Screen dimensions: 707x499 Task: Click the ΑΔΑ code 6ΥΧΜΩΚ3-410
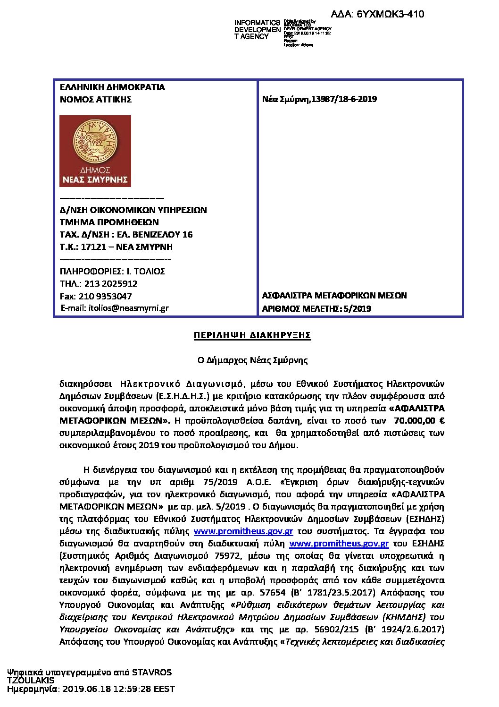tap(384, 14)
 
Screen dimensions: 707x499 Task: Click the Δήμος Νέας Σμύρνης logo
tap(95, 151)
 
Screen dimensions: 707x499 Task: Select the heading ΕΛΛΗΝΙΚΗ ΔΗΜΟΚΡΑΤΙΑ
tap(112, 87)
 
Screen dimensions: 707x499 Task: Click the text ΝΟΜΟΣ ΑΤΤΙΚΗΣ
tap(96, 100)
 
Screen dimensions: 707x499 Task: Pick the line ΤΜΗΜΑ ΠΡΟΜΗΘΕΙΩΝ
tap(109, 222)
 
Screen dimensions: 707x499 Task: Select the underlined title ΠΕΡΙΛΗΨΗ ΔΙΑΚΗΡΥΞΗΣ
tap(252, 336)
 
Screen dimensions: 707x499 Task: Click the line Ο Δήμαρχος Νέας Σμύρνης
tap(252, 360)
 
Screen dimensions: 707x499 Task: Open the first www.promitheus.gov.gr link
tap(243, 531)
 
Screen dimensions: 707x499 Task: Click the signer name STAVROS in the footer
tap(152, 673)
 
